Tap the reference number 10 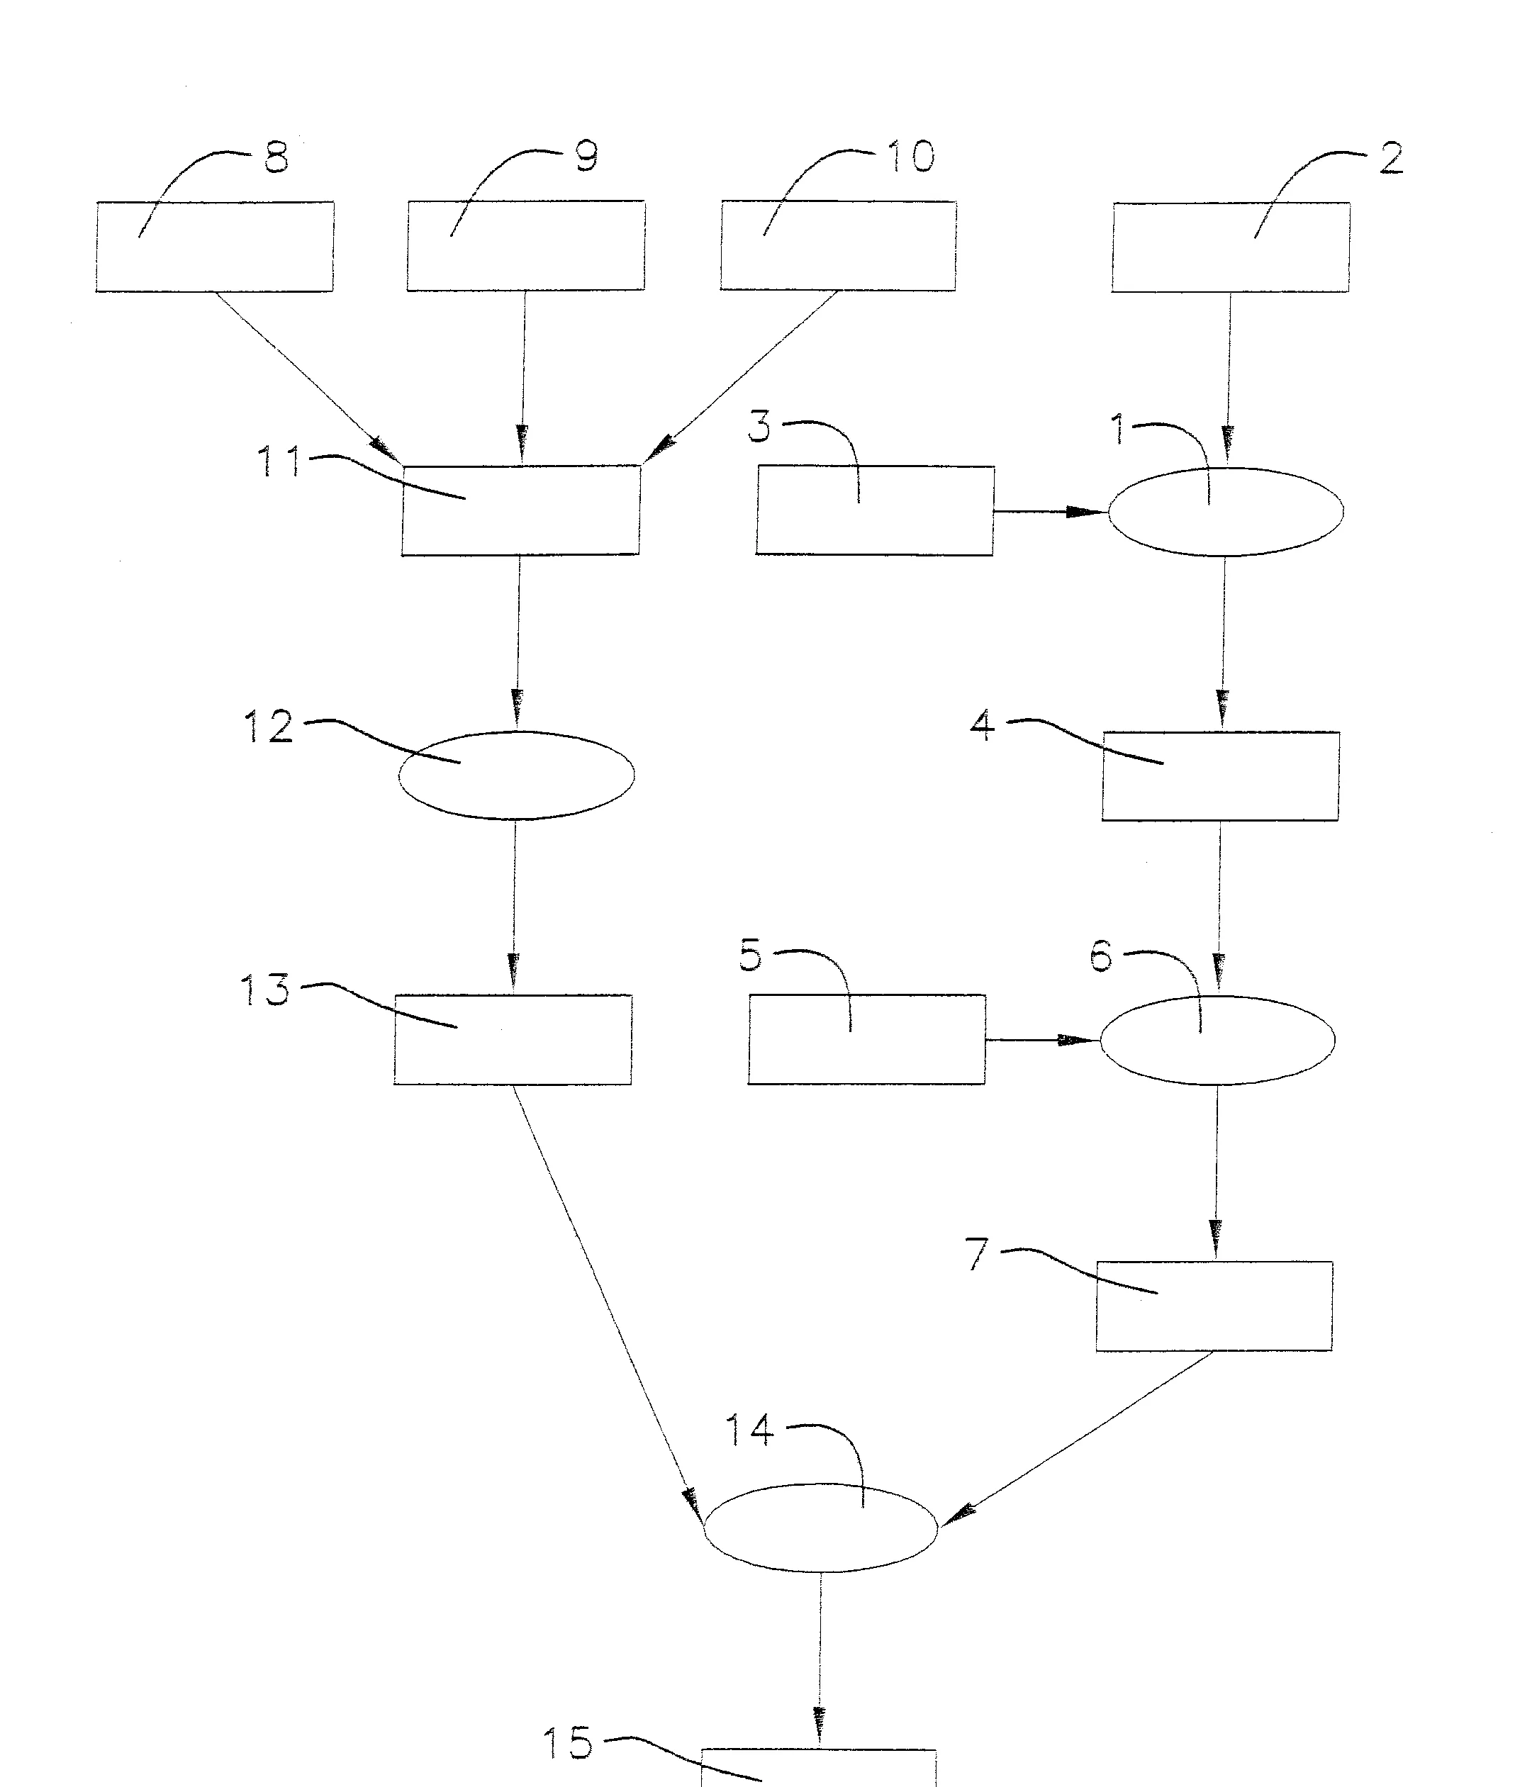pos(911,156)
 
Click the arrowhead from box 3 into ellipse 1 pos(1087,512)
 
